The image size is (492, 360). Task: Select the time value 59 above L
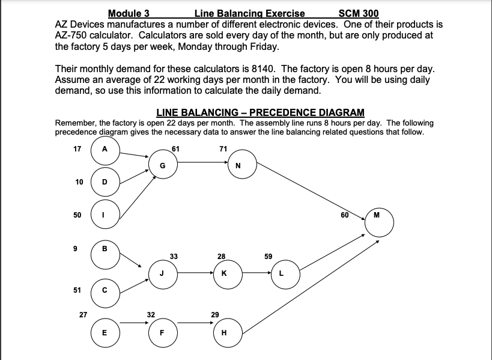[268, 257]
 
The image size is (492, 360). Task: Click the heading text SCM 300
[359, 13]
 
